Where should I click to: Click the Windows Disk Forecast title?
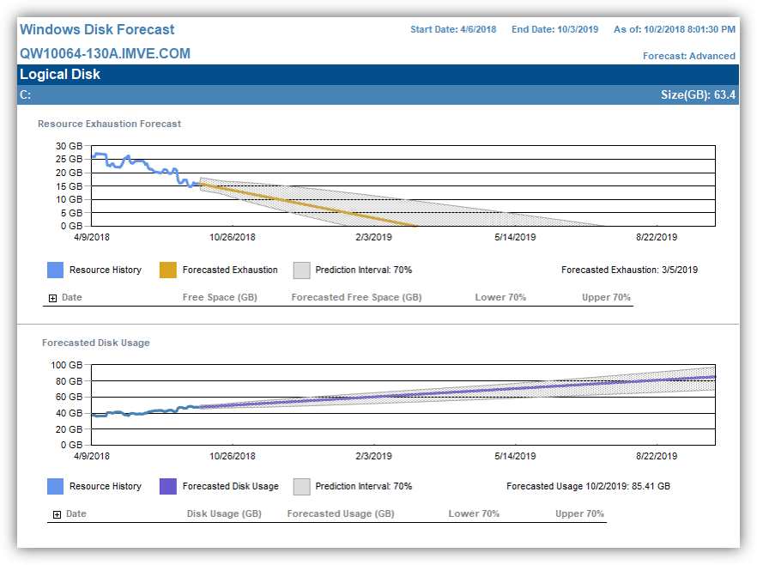click(x=97, y=30)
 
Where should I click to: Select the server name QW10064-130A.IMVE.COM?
click(x=105, y=54)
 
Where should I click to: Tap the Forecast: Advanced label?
click(x=688, y=56)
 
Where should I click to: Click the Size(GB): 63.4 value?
click(x=698, y=94)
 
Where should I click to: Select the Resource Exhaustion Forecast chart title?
click(x=109, y=124)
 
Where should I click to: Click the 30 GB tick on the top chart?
click(x=69, y=146)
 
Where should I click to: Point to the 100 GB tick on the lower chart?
click(x=67, y=366)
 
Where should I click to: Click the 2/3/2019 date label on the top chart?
click(x=373, y=238)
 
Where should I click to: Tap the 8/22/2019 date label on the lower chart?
click(x=657, y=456)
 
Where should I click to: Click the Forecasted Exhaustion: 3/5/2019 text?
click(x=629, y=270)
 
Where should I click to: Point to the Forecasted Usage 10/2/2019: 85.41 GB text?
click(x=588, y=486)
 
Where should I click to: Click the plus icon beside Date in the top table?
click(x=53, y=298)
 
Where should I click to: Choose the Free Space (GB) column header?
click(x=220, y=298)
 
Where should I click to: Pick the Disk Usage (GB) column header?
click(x=224, y=514)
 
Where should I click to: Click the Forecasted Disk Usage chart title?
click(x=95, y=343)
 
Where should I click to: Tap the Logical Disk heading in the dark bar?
click(x=60, y=75)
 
